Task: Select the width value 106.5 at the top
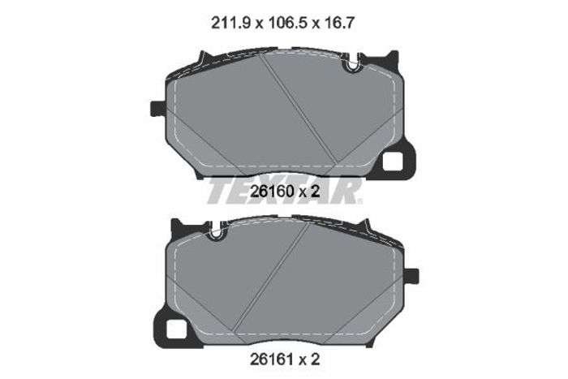(x=288, y=24)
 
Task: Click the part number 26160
(x=272, y=192)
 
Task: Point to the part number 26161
(x=272, y=360)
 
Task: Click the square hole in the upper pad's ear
(x=393, y=161)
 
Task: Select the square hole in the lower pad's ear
(x=176, y=329)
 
